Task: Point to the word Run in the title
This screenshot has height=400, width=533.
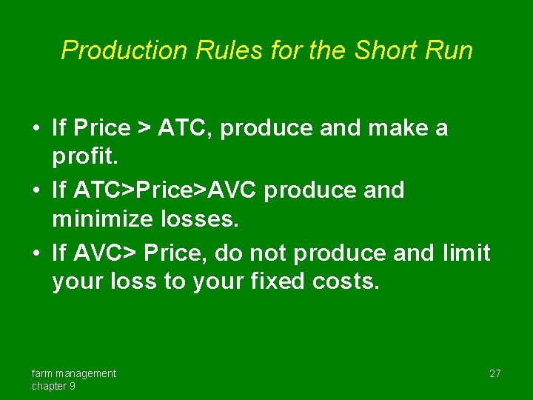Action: point(451,50)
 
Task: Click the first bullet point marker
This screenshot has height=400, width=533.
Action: point(36,129)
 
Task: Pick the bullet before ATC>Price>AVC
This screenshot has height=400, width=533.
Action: point(36,191)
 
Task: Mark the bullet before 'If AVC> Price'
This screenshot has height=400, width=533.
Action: point(36,254)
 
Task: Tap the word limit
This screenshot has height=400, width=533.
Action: point(466,253)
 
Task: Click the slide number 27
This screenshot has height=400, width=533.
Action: point(495,373)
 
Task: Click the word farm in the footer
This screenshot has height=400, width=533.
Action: point(42,373)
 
